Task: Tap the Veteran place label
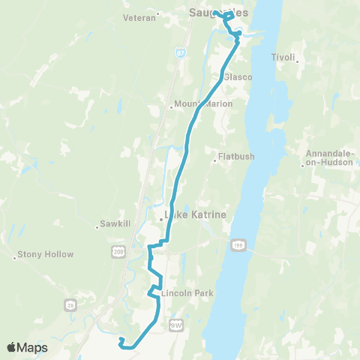tap(140, 14)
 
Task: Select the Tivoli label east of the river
tap(283, 57)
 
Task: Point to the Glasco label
tap(237, 77)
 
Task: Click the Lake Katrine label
tap(195, 215)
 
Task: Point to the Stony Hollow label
tap(47, 254)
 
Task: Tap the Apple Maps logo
tap(28, 347)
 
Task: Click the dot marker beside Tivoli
tap(298, 61)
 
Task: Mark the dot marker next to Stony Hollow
tap(15, 259)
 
